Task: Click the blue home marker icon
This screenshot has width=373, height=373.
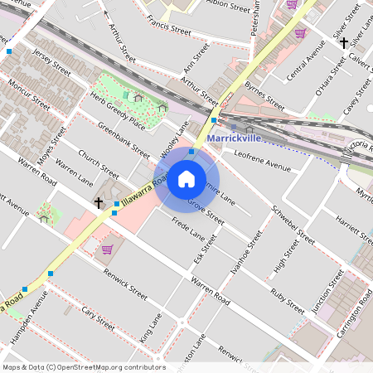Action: pyautogui.click(x=186, y=179)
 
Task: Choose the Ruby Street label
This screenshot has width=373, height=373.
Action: pyautogui.click(x=288, y=300)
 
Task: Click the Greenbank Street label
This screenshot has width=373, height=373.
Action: pyautogui.click(x=124, y=141)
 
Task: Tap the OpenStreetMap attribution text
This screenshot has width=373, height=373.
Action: pyautogui.click(x=83, y=367)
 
